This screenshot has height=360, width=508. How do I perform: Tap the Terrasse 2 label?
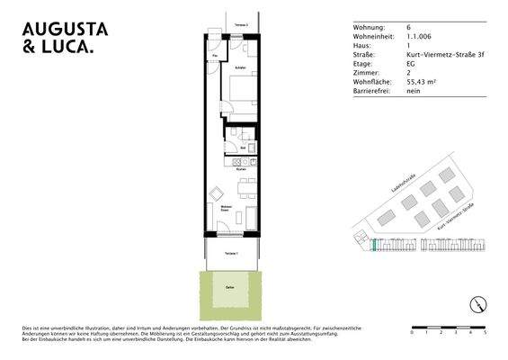click(x=239, y=24)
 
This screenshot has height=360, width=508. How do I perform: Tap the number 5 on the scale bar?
click(x=486, y=333)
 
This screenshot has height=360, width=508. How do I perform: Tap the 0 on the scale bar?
click(x=411, y=333)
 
